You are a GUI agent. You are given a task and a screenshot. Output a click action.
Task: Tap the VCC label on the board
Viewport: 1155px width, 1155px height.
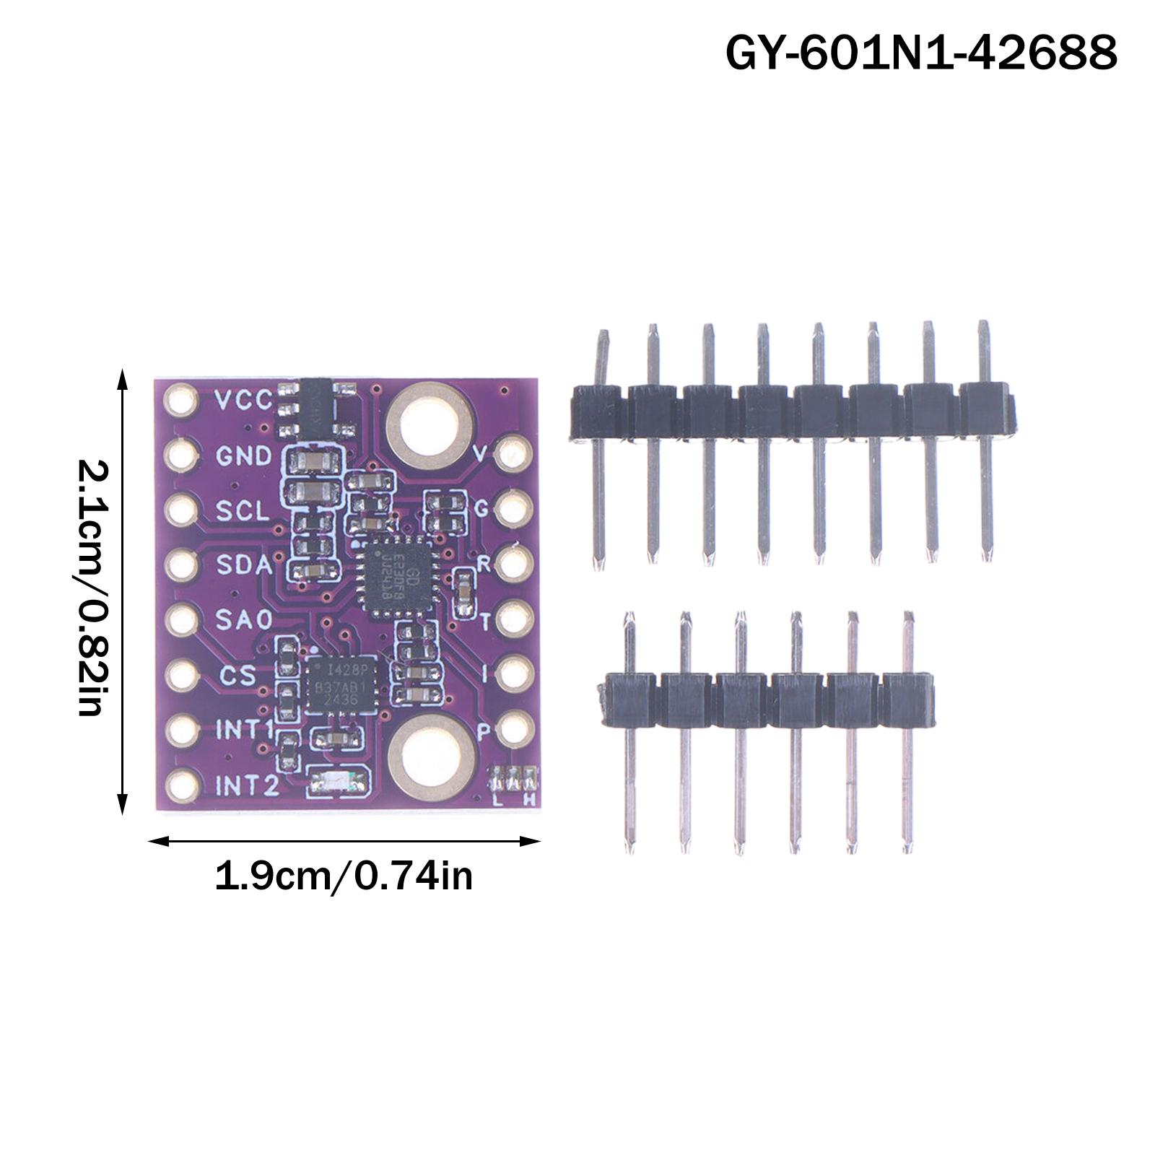tap(245, 399)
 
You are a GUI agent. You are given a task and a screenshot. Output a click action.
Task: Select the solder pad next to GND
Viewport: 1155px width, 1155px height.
tap(180, 455)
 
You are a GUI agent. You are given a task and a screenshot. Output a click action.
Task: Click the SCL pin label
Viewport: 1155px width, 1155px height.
tap(243, 510)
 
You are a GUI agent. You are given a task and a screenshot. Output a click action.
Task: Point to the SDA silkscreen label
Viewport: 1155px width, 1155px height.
tap(244, 565)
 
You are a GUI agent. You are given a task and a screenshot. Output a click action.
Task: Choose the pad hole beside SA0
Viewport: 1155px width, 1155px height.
tap(180, 619)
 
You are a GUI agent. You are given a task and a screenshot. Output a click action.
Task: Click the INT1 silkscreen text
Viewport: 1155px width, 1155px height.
tap(245, 730)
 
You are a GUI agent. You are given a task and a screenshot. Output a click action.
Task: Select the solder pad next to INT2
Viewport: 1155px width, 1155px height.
tap(180, 785)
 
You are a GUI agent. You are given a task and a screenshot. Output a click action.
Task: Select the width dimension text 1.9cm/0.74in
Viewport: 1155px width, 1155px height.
tap(344, 877)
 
